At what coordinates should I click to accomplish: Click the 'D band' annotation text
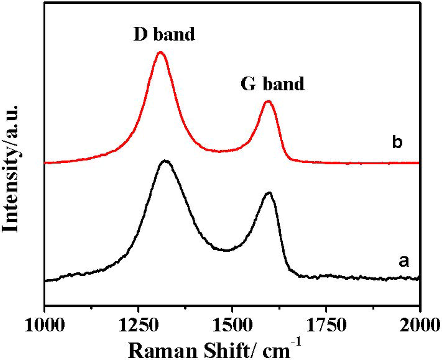[x=163, y=34]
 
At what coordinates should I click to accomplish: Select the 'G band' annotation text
[x=272, y=83]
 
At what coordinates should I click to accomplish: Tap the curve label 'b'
[x=398, y=143]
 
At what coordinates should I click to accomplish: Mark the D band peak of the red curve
[x=161, y=52]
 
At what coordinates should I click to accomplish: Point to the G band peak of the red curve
[x=268, y=101]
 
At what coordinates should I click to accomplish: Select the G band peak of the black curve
[x=269, y=193]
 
